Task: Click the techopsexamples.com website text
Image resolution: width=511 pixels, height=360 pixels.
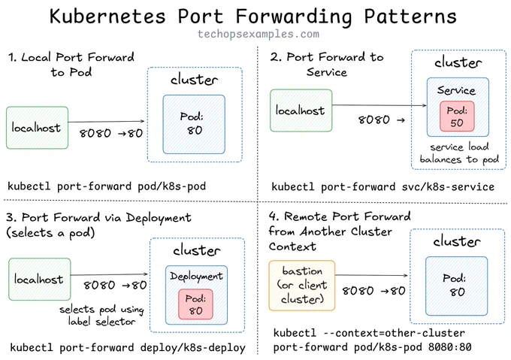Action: coord(259,34)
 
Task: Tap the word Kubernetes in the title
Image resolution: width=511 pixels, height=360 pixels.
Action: coord(107,16)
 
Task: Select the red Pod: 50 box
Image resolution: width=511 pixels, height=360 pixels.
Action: coord(457,116)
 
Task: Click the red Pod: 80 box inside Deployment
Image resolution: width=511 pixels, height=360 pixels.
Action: coord(195,304)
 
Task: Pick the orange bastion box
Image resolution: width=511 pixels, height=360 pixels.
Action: coord(302,286)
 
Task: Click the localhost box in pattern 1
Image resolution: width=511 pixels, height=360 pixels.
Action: coord(37,128)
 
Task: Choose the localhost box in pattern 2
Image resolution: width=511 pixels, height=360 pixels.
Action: coord(301,110)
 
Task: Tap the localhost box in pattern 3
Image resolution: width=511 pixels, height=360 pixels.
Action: coord(39,279)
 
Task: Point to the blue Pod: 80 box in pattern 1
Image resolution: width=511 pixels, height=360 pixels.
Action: coord(194,124)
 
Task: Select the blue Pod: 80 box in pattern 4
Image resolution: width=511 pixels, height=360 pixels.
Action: coord(457,286)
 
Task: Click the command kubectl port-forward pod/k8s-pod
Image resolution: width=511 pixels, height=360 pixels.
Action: coord(107,186)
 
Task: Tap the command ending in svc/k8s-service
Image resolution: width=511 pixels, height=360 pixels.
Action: coord(383,186)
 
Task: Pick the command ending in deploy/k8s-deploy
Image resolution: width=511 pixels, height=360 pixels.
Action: coord(128,348)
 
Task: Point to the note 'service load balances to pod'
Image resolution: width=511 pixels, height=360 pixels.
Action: coord(459,153)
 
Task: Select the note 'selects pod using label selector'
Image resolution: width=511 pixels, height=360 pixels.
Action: coord(101,316)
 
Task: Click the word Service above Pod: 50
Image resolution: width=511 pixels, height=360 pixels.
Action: coord(456,90)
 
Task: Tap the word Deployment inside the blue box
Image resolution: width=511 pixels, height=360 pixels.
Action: coord(196,277)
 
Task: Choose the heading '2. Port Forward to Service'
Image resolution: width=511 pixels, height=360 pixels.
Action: coord(327,64)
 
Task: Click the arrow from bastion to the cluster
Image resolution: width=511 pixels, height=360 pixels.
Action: coord(371,275)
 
